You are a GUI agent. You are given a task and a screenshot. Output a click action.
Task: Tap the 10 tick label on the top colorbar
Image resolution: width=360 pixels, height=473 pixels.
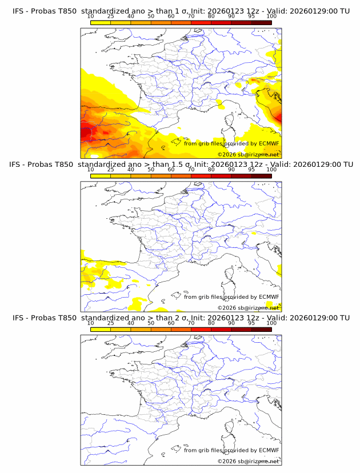90,16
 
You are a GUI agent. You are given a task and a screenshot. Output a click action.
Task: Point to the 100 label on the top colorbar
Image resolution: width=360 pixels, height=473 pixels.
271,16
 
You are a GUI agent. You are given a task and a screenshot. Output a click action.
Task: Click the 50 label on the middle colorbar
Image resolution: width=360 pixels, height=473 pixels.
151,170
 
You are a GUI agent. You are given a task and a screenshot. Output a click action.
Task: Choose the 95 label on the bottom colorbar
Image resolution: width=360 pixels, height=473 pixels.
251,323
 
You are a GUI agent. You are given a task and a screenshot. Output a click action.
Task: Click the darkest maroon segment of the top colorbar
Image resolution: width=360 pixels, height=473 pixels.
261,22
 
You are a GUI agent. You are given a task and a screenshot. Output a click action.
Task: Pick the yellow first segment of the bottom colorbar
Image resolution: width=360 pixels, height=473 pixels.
101,329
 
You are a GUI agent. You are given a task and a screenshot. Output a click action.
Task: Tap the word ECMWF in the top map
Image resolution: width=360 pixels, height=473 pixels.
269,144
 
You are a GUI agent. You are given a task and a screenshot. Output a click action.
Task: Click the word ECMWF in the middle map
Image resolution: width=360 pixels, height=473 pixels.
269,297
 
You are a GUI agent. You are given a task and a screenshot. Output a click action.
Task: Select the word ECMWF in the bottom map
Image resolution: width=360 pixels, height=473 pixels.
269,451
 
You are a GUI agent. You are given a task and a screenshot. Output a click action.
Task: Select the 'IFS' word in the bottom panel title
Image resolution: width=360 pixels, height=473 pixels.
18,318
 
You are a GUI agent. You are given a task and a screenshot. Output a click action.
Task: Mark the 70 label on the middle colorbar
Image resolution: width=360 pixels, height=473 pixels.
191,170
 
